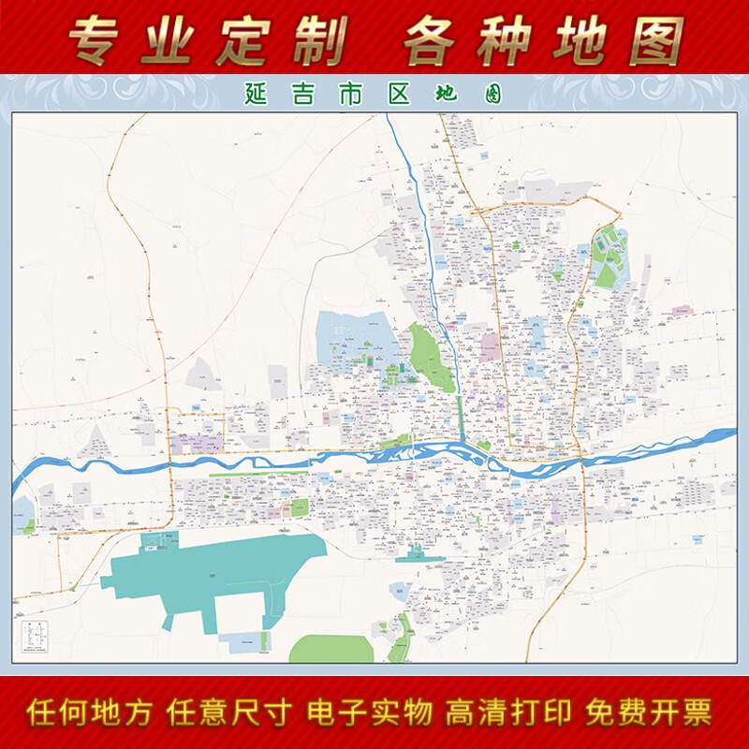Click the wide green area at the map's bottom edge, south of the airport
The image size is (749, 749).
click(x=332, y=649)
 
